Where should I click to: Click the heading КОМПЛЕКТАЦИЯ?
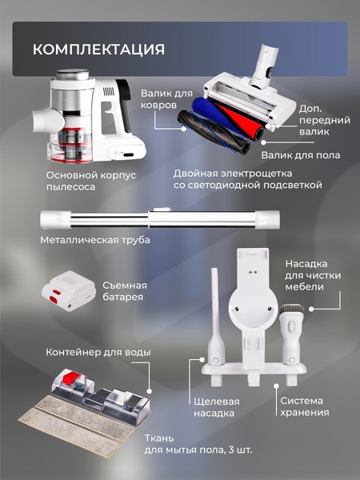point(98,50)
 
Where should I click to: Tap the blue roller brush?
point(213,119)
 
